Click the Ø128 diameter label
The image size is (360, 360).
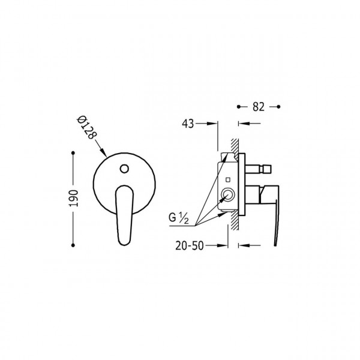pos(86,128)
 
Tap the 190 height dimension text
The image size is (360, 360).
pos(74,198)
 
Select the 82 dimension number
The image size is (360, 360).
pos(258,107)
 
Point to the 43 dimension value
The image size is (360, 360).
pos(188,124)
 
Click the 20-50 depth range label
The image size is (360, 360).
pos(190,245)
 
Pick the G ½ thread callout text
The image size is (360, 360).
pos(179,218)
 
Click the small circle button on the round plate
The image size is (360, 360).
pos(124,169)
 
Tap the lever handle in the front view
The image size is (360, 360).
pos(124,215)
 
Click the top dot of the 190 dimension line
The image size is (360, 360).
pos(73,152)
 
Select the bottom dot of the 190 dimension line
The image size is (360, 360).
pos(73,245)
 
